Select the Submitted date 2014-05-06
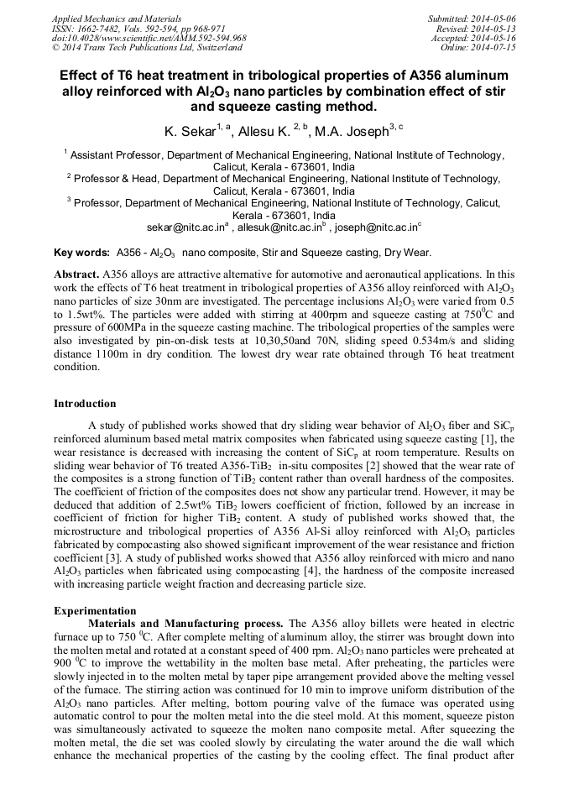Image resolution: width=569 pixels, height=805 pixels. (x=490, y=18)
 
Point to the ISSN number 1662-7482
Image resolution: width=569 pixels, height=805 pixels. (x=101, y=28)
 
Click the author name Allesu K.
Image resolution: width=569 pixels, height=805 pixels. (x=264, y=132)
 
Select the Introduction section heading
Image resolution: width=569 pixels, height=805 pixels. (x=85, y=404)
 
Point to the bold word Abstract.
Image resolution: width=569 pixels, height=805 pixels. (x=76, y=274)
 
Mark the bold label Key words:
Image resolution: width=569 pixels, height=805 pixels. (x=81, y=253)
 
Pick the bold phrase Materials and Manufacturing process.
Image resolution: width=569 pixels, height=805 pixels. (x=185, y=624)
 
